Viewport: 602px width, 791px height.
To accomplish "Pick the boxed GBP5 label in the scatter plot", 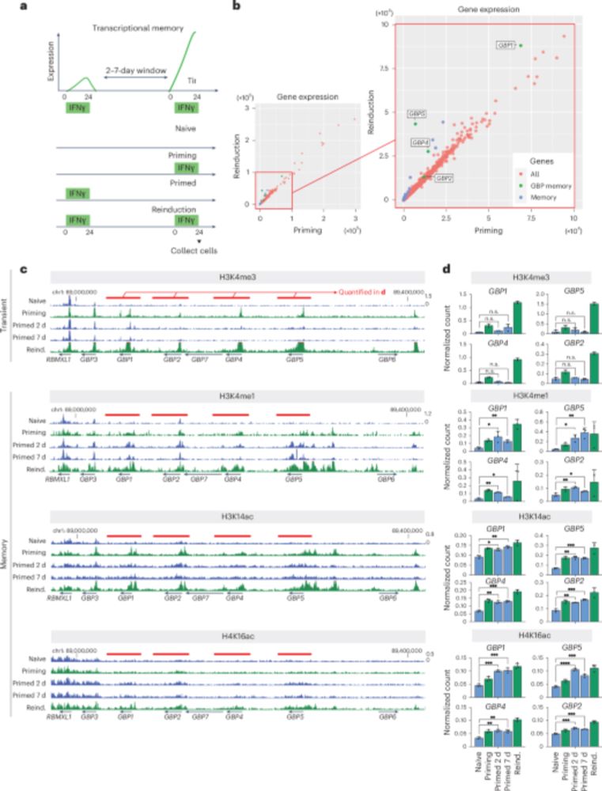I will [x=418, y=114].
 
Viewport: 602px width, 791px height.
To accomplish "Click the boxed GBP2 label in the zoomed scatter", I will [x=445, y=179].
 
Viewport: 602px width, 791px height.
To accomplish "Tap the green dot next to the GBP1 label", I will [x=520, y=45].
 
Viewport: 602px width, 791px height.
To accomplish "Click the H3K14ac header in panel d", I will [x=522, y=524].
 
